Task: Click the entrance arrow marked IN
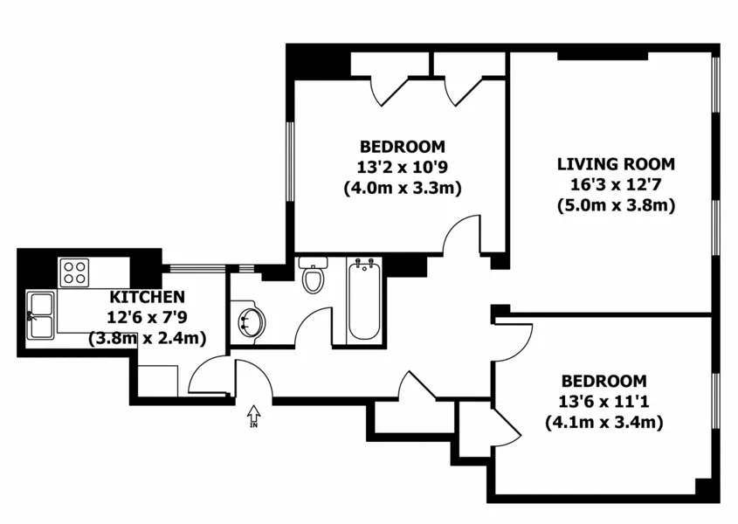point(254,415)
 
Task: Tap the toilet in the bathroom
point(313,276)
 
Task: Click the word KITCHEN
point(147,297)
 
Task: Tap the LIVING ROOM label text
point(617,164)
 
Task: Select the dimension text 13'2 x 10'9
point(402,167)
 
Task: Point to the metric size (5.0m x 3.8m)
point(617,206)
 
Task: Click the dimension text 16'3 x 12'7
point(617,185)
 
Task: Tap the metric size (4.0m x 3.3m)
point(402,188)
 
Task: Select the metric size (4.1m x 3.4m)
point(604,423)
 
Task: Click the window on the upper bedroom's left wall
point(291,162)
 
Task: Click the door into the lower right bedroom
point(511,341)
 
